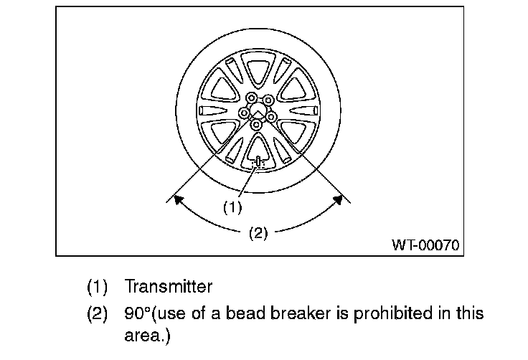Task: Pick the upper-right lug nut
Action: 267,100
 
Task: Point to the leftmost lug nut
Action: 244,113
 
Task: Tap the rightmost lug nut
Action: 272,115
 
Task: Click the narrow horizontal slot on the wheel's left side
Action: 212,111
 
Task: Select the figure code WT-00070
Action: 425,244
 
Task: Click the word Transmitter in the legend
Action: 169,287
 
